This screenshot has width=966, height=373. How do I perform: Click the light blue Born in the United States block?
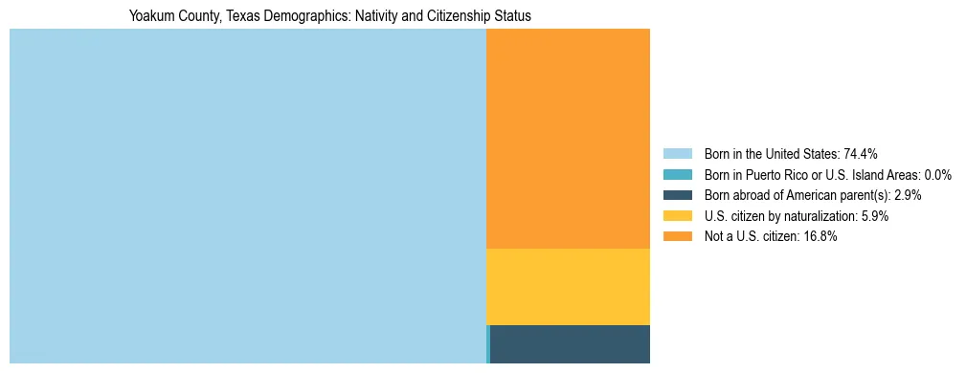coord(247,196)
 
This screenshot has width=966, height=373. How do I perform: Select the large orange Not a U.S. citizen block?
coord(568,139)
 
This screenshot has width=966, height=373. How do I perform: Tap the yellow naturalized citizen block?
coord(568,287)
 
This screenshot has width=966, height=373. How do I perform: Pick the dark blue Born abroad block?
coord(571,344)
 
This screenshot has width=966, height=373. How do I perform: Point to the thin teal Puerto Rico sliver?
coord(488,344)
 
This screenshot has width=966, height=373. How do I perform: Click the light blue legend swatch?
coord(677,154)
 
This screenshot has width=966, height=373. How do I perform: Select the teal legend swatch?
coord(677,175)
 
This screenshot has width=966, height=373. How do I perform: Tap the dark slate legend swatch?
coord(677,195)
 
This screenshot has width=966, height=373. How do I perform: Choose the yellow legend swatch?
coord(677,216)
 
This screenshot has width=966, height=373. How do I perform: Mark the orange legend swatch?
coord(677,237)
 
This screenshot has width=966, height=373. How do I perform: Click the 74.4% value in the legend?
coord(861,154)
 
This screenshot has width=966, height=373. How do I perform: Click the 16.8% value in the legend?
coord(820,237)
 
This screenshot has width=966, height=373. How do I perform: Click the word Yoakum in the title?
coord(151,16)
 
